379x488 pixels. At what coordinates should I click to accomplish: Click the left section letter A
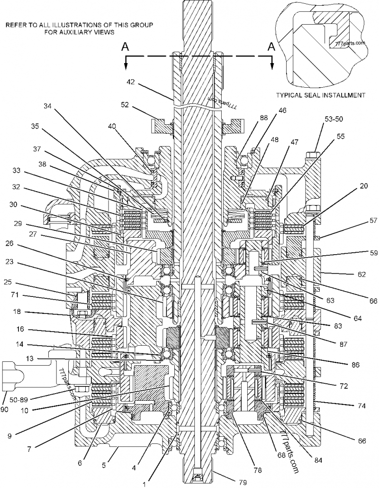[125, 46]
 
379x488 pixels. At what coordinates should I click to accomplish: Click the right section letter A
[271, 46]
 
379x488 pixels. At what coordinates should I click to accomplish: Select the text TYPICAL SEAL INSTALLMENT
[321, 95]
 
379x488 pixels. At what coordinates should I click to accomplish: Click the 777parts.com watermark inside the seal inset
[350, 42]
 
